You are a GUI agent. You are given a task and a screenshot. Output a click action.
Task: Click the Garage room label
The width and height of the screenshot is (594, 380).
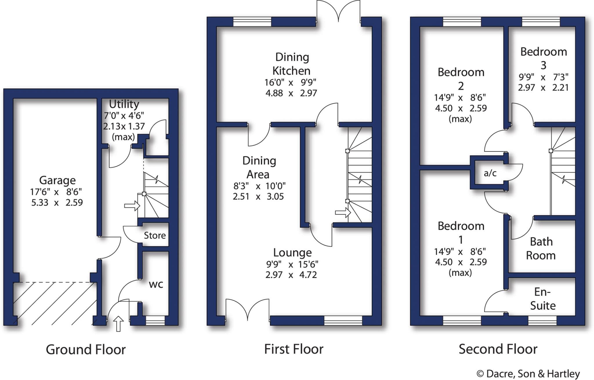click(x=57, y=180)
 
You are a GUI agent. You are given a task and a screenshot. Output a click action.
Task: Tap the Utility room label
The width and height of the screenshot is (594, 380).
click(x=124, y=104)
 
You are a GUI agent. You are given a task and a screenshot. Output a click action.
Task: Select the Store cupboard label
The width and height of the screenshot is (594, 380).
click(x=155, y=235)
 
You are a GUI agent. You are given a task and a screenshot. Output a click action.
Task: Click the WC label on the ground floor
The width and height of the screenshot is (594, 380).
click(x=156, y=284)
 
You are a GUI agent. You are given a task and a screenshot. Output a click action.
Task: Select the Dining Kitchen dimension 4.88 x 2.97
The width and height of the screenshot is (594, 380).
click(x=291, y=93)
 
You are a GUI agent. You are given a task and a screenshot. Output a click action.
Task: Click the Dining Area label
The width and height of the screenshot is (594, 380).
click(x=259, y=167)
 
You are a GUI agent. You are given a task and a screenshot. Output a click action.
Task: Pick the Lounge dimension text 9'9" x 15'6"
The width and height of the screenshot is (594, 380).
click(x=292, y=264)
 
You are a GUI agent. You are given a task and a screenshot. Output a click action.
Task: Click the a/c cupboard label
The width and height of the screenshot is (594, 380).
click(x=490, y=173)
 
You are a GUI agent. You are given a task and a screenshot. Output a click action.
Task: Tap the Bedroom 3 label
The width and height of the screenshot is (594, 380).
click(x=544, y=58)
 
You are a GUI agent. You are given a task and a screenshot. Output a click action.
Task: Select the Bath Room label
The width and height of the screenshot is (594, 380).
click(x=541, y=249)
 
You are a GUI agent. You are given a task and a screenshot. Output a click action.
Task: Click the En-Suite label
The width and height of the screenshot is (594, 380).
click(x=543, y=299)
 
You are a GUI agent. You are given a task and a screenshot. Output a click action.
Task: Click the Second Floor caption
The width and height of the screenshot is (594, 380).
click(x=498, y=349)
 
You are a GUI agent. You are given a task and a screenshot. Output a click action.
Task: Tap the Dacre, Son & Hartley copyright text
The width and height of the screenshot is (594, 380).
click(x=528, y=374)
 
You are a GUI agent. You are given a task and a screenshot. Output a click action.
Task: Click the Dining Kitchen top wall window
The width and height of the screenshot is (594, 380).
click(x=252, y=22)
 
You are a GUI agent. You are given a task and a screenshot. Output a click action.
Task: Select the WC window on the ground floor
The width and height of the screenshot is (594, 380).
click(x=155, y=321)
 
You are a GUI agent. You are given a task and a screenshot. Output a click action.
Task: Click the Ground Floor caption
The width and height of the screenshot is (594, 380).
click(x=86, y=350)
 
